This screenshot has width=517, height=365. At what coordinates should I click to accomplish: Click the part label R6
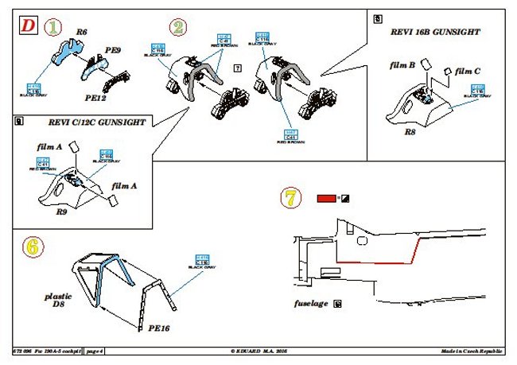click(x=81, y=33)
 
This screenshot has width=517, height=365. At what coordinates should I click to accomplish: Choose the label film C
click(x=468, y=72)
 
